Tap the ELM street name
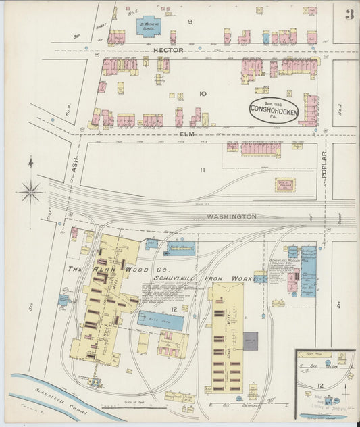pos(187,134)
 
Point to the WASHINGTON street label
pos(232,216)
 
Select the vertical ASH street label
pos(74,164)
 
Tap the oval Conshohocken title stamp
pos(274,110)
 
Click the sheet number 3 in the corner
pos(349,14)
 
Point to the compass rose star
pos(30,193)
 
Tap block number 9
pos(190,22)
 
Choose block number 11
pos(201,170)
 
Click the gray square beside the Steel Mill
pos(251,341)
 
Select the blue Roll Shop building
pos(161,320)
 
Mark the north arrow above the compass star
pos(30,163)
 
